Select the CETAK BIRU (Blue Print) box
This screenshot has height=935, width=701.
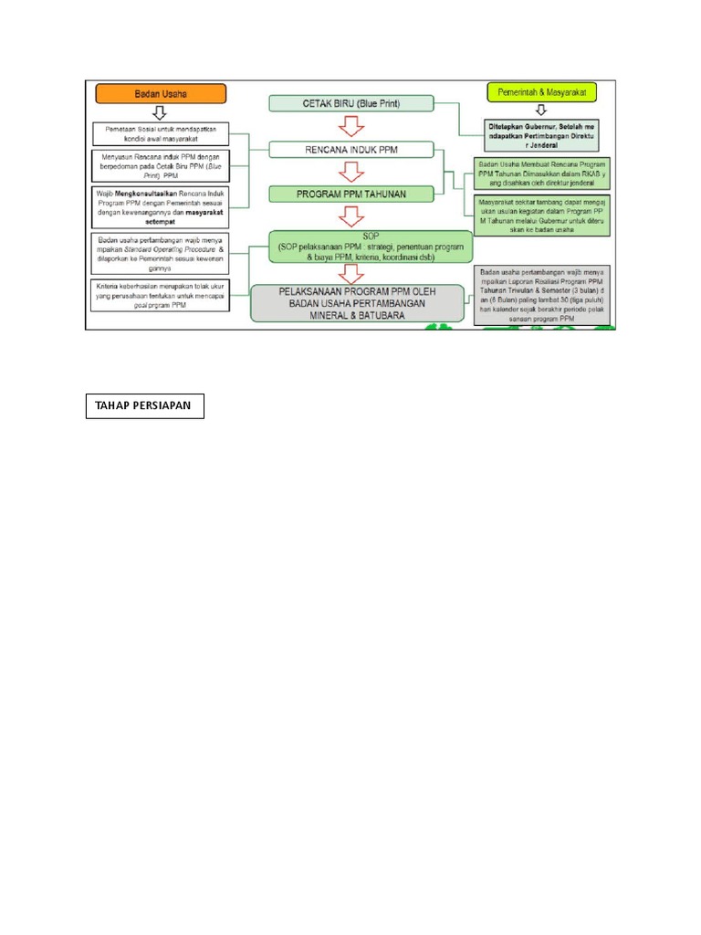350,103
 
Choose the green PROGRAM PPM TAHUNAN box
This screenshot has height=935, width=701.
350,194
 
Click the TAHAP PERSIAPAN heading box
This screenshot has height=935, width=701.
144,406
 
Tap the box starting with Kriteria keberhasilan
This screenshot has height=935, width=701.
160,296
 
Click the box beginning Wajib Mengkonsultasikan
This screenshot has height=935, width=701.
160,208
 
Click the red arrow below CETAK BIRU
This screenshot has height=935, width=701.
350,126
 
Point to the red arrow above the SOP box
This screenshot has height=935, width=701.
350,216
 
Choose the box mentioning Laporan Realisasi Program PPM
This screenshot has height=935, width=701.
543,294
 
